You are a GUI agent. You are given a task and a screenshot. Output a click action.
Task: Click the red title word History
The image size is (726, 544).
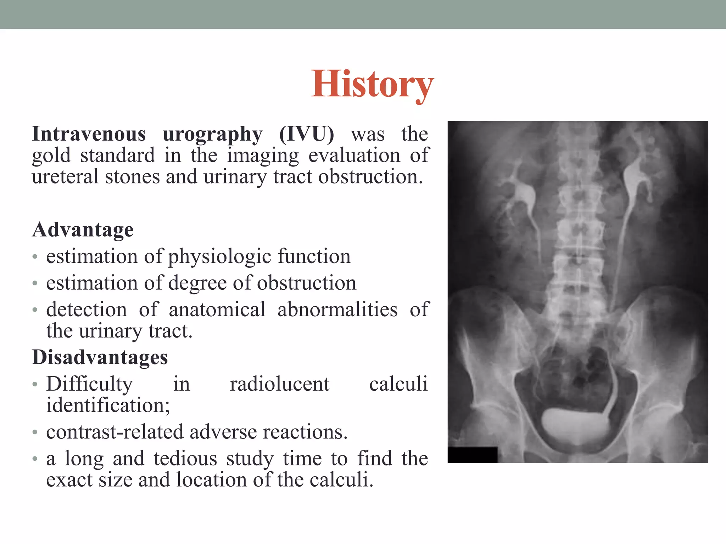[372, 84]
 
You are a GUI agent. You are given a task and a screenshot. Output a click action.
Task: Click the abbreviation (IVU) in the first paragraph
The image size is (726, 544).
[306, 134]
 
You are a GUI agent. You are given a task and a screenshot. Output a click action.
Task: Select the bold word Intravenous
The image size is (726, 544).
[89, 134]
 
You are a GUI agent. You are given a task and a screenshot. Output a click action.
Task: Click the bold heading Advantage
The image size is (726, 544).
[83, 230]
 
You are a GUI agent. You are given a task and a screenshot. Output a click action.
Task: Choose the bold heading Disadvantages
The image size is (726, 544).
[100, 357]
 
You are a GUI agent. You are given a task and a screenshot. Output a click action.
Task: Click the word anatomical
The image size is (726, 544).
[217, 310]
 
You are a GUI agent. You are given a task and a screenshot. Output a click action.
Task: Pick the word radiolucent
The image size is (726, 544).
[280, 384]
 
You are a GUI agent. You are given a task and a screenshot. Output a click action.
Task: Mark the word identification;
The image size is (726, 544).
[108, 406]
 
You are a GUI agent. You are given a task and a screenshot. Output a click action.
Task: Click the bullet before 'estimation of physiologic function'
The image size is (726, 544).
[35, 257]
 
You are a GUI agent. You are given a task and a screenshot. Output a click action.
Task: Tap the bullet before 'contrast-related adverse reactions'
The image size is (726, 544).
[35, 432]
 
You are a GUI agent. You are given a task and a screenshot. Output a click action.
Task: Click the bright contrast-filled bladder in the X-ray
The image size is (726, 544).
[574, 425]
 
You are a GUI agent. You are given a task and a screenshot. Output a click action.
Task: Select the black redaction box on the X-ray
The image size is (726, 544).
[473, 455]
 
